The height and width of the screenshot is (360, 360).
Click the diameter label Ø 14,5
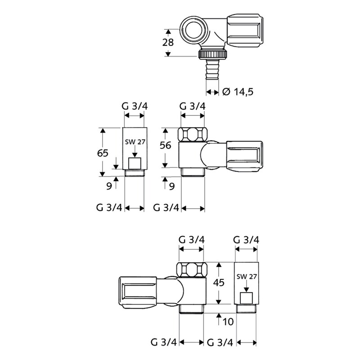238,92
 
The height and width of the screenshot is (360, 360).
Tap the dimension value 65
103,153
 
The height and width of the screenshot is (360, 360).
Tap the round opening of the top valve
194,30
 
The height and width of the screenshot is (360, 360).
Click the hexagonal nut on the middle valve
193,134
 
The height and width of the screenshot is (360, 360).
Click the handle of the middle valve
243,156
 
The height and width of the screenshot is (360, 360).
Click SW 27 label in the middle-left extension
135,142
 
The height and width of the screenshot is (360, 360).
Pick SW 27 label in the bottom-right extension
246,277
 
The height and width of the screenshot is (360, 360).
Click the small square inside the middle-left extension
135,163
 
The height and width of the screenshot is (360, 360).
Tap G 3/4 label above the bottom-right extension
247,240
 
